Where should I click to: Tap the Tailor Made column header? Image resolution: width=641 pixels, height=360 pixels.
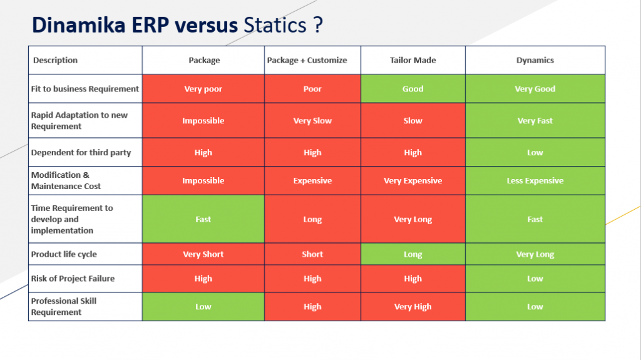pos(413,60)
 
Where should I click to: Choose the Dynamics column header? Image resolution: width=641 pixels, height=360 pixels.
pos(535,60)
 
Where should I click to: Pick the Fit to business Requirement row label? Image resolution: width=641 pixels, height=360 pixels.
pos(85,89)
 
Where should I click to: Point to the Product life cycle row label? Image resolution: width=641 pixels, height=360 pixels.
pos(64,254)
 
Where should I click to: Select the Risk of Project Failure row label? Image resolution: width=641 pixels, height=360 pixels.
pos(73,279)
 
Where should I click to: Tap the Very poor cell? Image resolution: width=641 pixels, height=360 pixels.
pos(203,89)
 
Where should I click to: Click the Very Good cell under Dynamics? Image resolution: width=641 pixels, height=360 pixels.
pos(535,89)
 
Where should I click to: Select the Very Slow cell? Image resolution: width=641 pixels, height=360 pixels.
pos(312,121)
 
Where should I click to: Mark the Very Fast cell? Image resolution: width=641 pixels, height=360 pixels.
pos(535,121)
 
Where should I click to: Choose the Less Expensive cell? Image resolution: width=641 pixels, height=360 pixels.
pos(535,181)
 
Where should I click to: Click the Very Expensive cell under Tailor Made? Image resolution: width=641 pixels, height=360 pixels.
pos(413,181)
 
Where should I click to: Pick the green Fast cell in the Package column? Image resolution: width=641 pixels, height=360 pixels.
pos(203,219)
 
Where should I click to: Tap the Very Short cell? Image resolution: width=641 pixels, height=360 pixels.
pos(203,254)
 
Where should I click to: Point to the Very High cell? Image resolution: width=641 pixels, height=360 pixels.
pos(413,307)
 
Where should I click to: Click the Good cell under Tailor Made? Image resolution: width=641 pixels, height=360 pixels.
pos(413,89)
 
